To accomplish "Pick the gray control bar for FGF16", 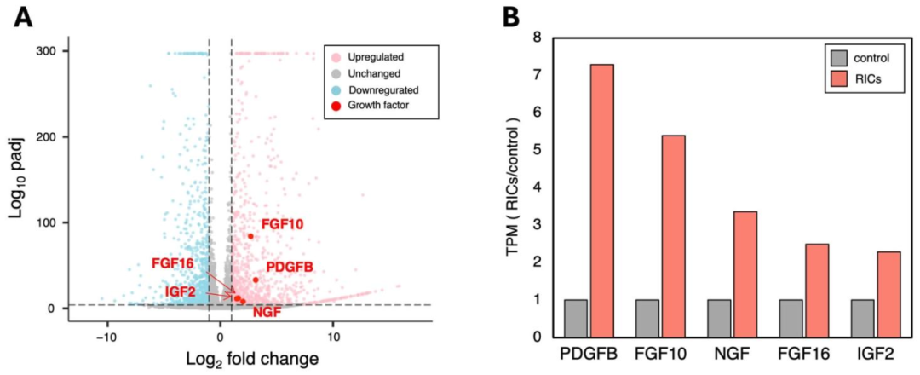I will tap(791, 318).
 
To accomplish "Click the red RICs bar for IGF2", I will tap(888, 294).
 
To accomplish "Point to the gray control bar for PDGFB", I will tap(576, 318).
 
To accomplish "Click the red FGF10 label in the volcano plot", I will tap(282, 224).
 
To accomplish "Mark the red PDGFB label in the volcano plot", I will tap(290, 268).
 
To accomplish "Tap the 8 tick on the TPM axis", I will tap(538, 38).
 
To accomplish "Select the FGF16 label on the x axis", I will tap(803, 353).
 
